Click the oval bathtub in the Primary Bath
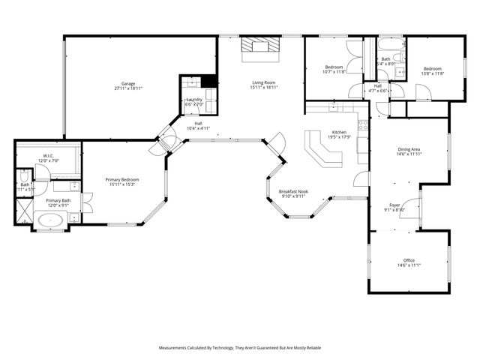[x=51, y=221]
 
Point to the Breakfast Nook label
[x=294, y=192]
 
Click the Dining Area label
[x=409, y=149]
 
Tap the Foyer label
[x=394, y=204]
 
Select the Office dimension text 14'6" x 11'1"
[x=409, y=265]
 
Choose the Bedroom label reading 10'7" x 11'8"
[x=334, y=69]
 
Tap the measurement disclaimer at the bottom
[x=240, y=348]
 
